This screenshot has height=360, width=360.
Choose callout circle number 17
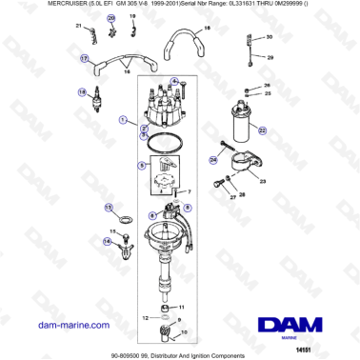(x=84, y=59)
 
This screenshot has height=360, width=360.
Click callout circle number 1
(x=122, y=121)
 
